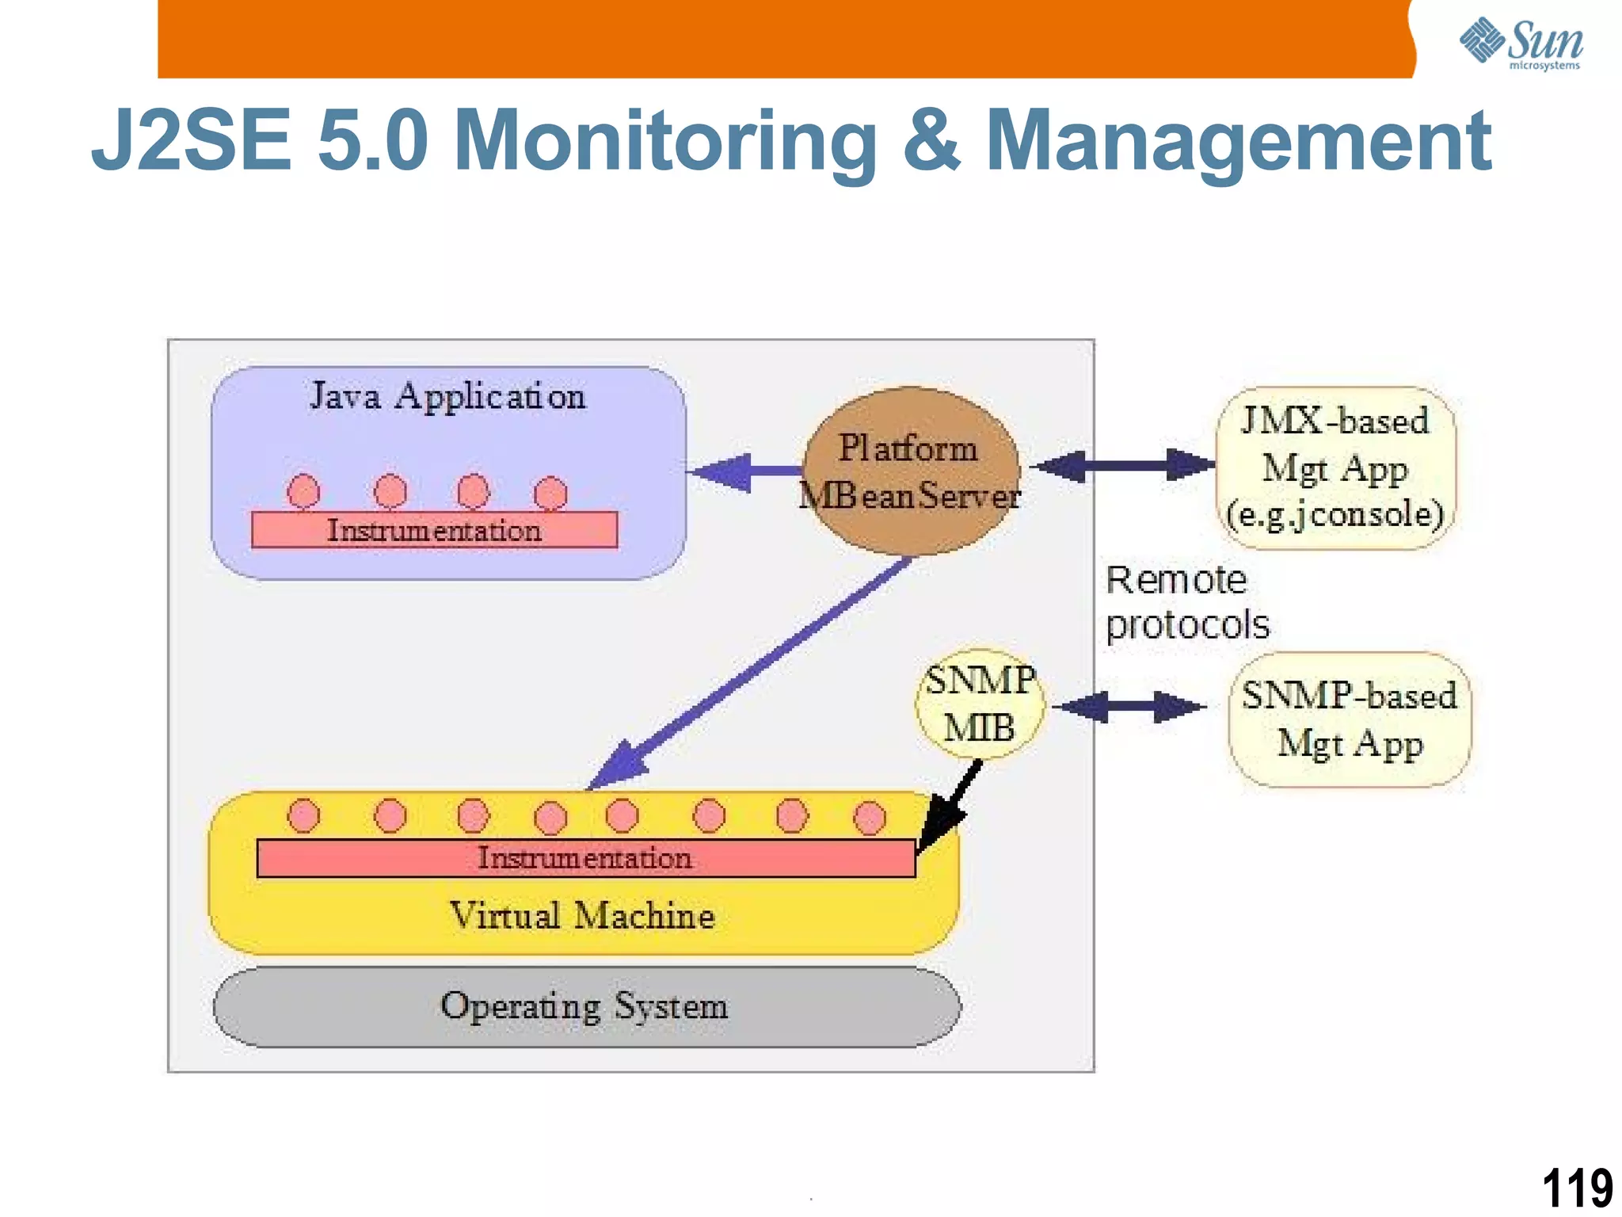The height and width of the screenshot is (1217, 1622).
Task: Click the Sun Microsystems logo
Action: pos(1521,43)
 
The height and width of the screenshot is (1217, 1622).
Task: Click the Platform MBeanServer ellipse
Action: pos(911,472)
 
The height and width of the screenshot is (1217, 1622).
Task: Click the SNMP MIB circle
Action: pos(980,704)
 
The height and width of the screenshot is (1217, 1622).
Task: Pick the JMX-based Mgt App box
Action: pos(1335,468)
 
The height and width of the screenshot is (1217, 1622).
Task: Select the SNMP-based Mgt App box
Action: pos(1350,719)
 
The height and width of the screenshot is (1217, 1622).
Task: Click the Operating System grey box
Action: pos(586,1007)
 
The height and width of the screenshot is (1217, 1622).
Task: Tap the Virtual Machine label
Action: pos(582,916)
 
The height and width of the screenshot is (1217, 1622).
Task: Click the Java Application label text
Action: pos(447,396)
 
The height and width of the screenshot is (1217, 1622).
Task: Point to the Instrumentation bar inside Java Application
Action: pos(434,530)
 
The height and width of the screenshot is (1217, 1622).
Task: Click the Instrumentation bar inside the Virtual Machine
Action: pos(585,859)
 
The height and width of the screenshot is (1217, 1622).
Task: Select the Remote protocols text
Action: pos(1186,602)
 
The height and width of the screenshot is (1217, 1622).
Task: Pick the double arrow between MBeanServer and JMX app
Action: pos(1125,466)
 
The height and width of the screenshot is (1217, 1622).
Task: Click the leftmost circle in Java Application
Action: pos(303,491)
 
